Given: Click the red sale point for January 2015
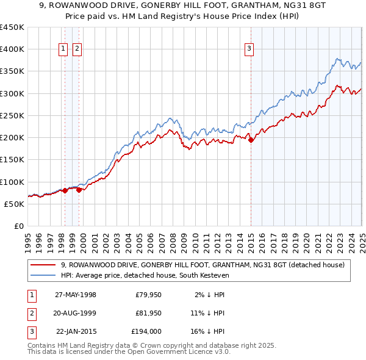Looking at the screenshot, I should pyautogui.click(x=251, y=140).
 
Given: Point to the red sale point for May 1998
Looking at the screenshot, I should pyautogui.click(x=65, y=190).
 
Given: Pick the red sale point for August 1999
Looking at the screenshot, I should pyautogui.click(x=79, y=190).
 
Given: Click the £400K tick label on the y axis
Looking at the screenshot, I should pyautogui.click(x=12, y=49).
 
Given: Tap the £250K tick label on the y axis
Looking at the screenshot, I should pyautogui.click(x=12, y=115).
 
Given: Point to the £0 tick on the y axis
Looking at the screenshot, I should pyautogui.click(x=19, y=226).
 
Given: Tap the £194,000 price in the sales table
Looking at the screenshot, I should pyautogui.click(x=146, y=331).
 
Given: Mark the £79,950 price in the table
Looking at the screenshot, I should pyautogui.click(x=148, y=295).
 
